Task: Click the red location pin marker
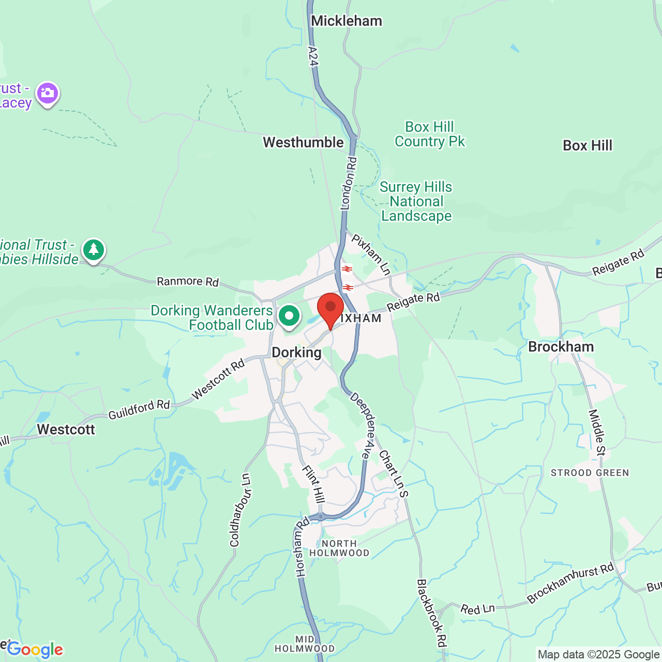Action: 330,308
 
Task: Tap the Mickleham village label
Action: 346,21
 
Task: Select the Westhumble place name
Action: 303,142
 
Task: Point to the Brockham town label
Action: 561,347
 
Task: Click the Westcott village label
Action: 66,429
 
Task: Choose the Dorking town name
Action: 296,353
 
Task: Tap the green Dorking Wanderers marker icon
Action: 289,315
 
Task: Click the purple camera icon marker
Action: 48,94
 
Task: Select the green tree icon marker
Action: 94,250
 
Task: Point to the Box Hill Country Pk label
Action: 429,134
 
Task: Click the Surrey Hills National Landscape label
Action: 416,202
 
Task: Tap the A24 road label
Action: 312,56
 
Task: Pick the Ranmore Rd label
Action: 188,281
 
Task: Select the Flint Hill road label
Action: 314,484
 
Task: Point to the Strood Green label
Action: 590,473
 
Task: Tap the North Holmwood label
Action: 339,548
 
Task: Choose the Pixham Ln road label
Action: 371,254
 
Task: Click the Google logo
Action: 35,650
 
